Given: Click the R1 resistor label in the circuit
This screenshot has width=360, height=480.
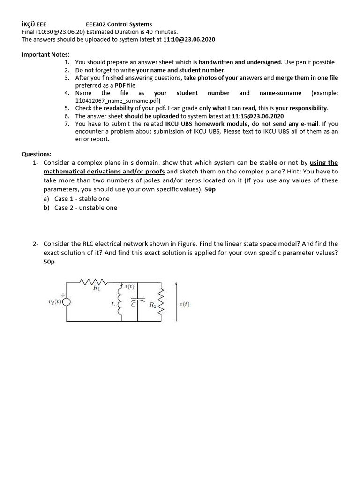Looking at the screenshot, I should (x=97, y=288).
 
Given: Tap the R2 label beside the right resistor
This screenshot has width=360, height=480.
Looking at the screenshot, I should (x=152, y=305).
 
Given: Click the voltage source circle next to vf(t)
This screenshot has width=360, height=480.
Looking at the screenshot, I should (x=67, y=302).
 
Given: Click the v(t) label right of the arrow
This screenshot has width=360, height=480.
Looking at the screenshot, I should (x=185, y=304).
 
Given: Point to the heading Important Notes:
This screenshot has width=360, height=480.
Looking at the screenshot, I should (x=45, y=54).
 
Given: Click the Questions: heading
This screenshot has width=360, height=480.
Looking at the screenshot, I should (x=37, y=154).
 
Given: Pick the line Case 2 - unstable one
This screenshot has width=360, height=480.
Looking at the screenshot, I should (x=85, y=207).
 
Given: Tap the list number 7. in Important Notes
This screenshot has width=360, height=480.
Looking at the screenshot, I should (x=67, y=124).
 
